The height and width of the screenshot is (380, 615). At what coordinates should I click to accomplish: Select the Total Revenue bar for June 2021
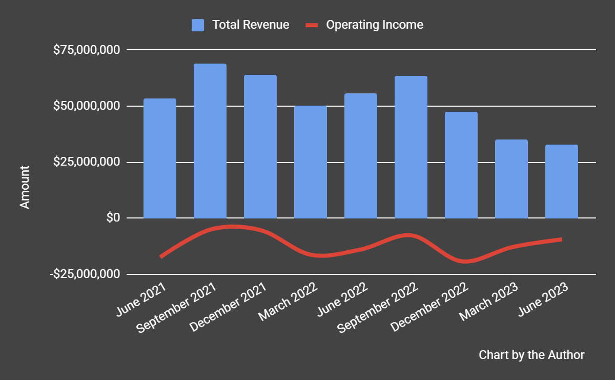(160, 158)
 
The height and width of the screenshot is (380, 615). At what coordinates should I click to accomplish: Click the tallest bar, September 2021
(210, 141)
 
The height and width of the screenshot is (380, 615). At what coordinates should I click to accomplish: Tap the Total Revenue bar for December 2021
(260, 147)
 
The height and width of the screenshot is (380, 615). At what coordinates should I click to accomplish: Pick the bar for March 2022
(311, 162)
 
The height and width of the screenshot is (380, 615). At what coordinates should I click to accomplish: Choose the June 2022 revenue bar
(361, 156)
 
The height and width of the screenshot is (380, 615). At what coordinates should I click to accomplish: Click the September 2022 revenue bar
(411, 147)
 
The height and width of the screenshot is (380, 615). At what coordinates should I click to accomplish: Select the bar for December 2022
(461, 165)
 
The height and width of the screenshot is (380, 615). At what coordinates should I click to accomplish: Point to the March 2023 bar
(511, 179)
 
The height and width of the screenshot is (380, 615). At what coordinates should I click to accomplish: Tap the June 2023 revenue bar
(562, 182)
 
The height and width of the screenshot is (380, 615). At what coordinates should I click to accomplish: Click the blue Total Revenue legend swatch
(198, 25)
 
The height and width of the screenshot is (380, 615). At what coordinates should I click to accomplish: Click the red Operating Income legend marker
(312, 25)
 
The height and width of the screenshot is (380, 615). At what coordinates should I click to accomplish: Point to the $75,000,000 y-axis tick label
(87, 50)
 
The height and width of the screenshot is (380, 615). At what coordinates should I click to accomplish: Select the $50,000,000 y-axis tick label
(87, 106)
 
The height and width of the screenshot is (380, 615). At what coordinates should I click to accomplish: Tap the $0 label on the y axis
(113, 218)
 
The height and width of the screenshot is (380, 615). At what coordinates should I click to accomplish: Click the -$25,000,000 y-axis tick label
(85, 274)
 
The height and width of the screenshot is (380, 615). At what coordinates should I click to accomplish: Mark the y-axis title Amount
(25, 187)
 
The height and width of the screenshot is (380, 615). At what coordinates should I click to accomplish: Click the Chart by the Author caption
(531, 355)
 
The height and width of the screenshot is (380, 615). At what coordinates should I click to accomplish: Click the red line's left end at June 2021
(161, 256)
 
